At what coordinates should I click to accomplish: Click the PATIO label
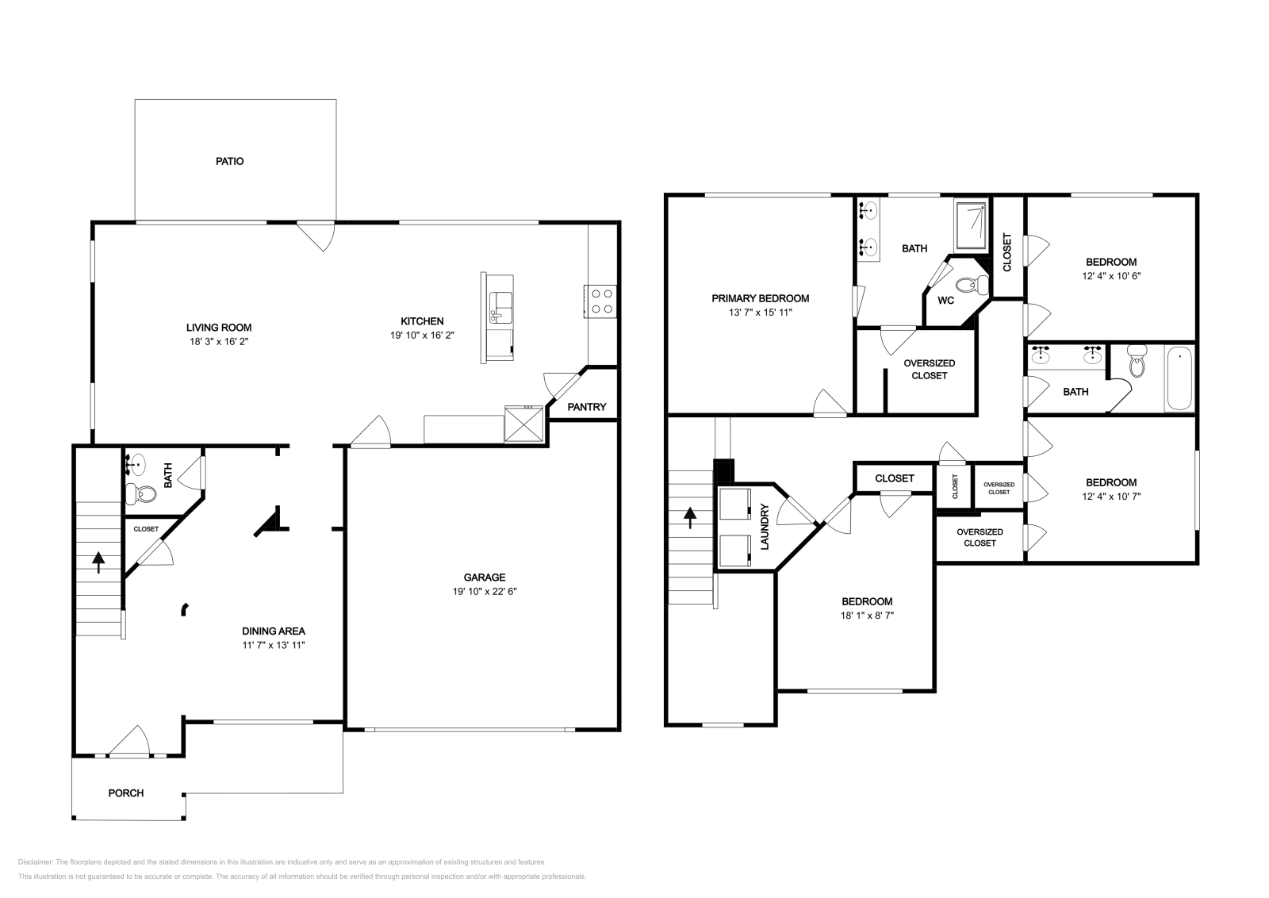pos(230,161)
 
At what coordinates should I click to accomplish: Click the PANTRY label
pos(587,407)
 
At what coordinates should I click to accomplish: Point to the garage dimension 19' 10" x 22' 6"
pos(485,591)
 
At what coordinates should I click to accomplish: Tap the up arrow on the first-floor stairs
pos(99,562)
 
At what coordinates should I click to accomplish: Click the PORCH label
pos(126,792)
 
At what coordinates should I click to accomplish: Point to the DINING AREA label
pos(274,631)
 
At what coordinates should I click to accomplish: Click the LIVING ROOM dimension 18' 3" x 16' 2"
pos(219,341)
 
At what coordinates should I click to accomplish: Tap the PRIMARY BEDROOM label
pos(760,298)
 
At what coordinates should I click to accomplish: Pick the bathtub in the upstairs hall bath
pos(1179,379)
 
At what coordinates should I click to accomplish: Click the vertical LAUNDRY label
pos(765,527)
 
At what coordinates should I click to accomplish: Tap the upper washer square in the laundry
pos(734,504)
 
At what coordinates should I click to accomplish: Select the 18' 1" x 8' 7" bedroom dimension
pos(867,615)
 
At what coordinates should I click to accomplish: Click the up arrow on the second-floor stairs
pos(690,518)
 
